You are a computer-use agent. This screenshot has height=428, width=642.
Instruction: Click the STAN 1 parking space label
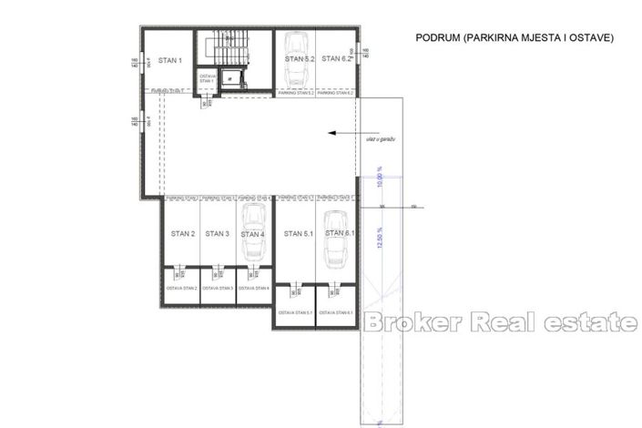coord(170,61)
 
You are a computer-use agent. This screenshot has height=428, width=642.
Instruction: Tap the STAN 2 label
coord(182,234)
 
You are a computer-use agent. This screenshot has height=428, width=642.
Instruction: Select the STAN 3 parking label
coord(217,234)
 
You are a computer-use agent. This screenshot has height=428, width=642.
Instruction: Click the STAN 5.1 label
coord(297,234)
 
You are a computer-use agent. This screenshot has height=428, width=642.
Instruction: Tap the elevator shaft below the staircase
coord(232,78)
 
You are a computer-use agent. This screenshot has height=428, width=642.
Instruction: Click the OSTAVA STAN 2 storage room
coord(182,288)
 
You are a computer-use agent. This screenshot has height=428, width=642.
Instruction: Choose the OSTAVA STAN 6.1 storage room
coord(334,312)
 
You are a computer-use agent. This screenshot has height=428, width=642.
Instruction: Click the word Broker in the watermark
coord(415,322)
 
